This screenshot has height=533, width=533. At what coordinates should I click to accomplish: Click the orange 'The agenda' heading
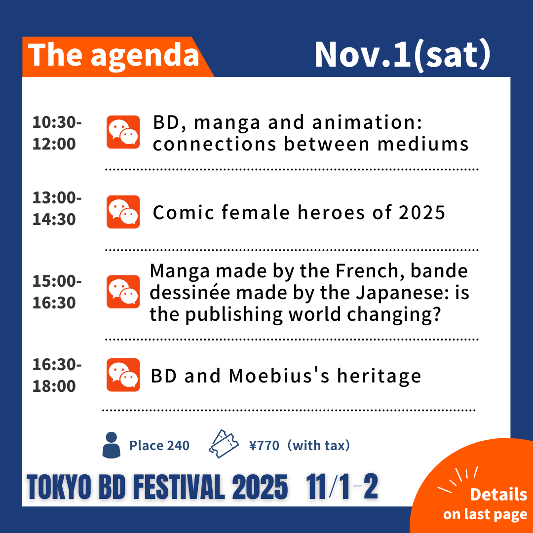pyautogui.click(x=114, y=55)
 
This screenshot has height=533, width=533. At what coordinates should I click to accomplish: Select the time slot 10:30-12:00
pyautogui.click(x=57, y=133)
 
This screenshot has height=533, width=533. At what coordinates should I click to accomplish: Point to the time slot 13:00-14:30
pyautogui.click(x=57, y=208)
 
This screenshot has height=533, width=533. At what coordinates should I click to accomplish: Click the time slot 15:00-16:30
pyautogui.click(x=57, y=292)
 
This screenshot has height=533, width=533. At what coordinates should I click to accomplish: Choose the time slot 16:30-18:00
pyautogui.click(x=57, y=375)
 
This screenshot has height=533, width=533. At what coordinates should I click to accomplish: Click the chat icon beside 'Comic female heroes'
pyautogui.click(x=123, y=212)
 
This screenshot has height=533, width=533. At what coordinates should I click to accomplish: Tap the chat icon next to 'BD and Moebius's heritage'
pyautogui.click(x=123, y=375)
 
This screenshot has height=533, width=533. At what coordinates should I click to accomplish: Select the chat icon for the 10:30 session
pyautogui.click(x=123, y=132)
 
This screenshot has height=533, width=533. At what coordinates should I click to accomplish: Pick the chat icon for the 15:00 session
pyautogui.click(x=123, y=292)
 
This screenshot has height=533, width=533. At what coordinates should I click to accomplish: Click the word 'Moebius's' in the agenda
pyautogui.click(x=279, y=376)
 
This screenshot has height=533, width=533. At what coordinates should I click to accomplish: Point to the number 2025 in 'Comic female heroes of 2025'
pyautogui.click(x=422, y=212)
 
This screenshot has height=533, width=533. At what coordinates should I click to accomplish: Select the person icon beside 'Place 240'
pyautogui.click(x=111, y=445)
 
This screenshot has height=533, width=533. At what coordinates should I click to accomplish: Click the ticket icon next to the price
pyautogui.click(x=224, y=444)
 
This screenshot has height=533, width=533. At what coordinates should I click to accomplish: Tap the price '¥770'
pyautogui.click(x=264, y=445)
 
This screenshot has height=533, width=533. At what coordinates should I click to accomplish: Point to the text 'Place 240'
pyautogui.click(x=159, y=445)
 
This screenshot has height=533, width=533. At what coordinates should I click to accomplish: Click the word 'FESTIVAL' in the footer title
pyautogui.click(x=179, y=487)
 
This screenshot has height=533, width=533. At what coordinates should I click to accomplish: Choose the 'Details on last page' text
pyautogui.click(x=486, y=504)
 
